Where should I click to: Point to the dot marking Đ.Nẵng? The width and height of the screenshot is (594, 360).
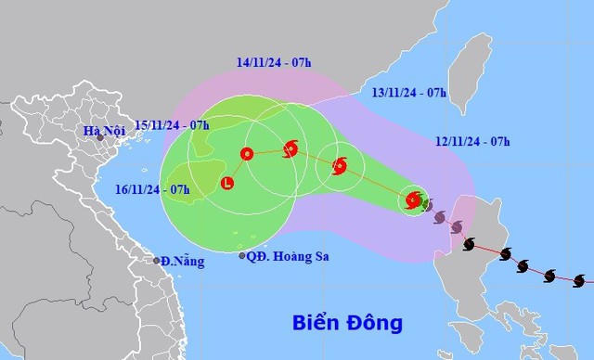point(157,260)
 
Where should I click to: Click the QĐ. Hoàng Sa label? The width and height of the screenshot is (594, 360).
point(288,256)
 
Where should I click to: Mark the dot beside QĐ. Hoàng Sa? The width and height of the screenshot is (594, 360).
point(243,255)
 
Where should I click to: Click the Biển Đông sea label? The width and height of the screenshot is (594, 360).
point(346,324)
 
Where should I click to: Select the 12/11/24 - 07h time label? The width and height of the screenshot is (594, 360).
point(471,142)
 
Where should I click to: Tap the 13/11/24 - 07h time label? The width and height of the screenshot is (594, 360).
point(408,92)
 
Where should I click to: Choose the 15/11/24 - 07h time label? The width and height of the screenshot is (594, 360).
point(173,124)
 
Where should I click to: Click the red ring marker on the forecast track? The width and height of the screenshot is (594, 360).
point(247,154)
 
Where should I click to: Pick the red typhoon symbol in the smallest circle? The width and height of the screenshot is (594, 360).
point(413,199)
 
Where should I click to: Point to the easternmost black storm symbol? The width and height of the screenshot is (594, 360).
point(579,280)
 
